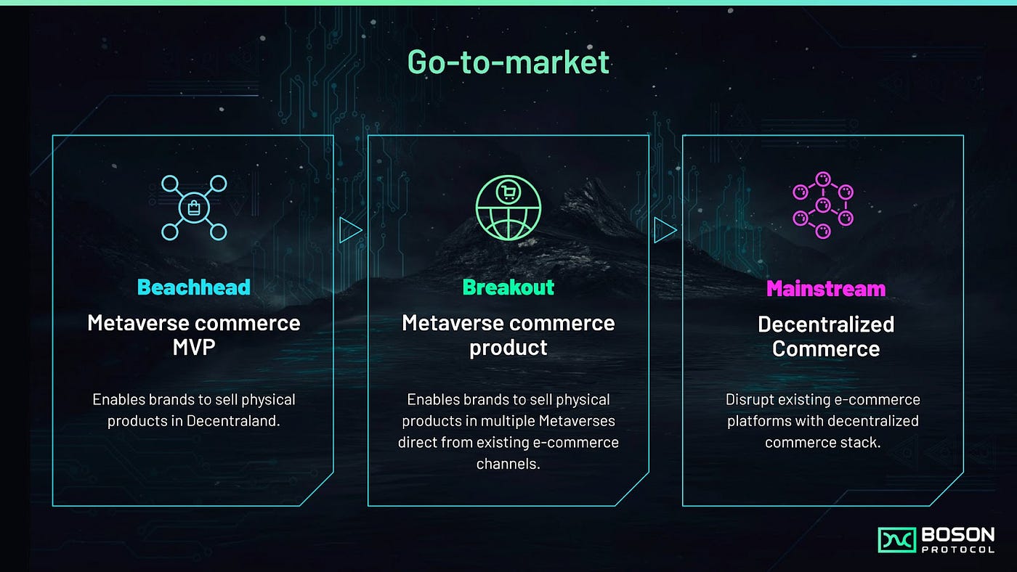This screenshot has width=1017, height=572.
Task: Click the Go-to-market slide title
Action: pos(508,62)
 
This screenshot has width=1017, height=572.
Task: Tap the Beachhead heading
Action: pos(194,287)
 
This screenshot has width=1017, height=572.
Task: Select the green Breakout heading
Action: pos(508,287)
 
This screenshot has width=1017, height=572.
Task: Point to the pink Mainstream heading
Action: pos(826,289)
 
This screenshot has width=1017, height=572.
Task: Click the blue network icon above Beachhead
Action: pos(194,208)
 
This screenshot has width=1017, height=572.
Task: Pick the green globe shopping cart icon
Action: pos(508,208)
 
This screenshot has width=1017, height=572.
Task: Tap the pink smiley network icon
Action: pos(823,205)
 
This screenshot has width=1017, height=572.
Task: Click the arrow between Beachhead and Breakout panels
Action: pos(350,231)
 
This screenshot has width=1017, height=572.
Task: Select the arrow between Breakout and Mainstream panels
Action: pos(665,231)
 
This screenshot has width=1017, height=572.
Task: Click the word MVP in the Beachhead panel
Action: pos(194,347)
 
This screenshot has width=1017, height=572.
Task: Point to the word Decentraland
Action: pos(238,420)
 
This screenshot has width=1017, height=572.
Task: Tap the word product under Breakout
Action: pos(508,348)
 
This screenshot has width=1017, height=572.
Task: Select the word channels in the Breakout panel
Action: pos(508,463)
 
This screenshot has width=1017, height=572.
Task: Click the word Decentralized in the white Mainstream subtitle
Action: pos(826,324)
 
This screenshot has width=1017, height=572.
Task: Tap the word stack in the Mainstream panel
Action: pos(863,442)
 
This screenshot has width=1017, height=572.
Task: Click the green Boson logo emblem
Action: pos(896,540)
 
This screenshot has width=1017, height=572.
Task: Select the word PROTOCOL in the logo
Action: pos(957,550)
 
